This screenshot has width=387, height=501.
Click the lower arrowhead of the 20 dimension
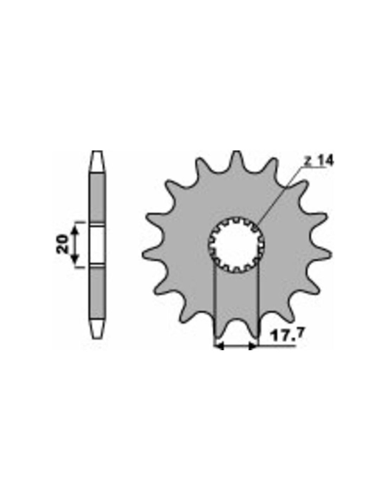coord(75,258)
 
